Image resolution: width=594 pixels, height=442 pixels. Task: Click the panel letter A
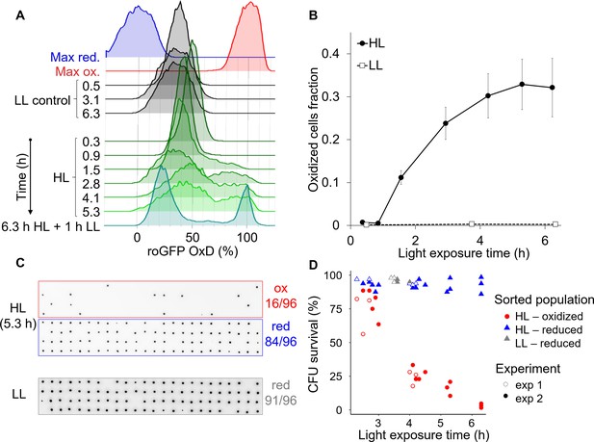pyautogui.click(x=20, y=15)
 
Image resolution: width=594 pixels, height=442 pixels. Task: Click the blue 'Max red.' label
pyautogui.click(x=75, y=57)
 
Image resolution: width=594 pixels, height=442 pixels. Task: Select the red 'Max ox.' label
pyautogui.click(x=78, y=71)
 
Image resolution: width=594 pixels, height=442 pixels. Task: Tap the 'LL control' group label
pyautogui.click(x=42, y=100)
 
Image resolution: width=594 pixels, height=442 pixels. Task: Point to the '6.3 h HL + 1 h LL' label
pyautogui.click(x=51, y=226)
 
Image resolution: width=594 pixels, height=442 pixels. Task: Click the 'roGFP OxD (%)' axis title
pyautogui.click(x=193, y=251)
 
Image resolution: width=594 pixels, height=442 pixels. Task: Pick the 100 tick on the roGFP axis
pyautogui.click(x=247, y=238)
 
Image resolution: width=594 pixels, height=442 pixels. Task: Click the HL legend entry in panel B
pyautogui.click(x=371, y=43)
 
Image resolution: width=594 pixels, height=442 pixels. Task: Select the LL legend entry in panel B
pyautogui.click(x=370, y=65)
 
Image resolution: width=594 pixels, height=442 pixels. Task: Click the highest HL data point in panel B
pyautogui.click(x=522, y=84)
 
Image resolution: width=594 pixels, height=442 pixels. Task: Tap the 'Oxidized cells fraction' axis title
pyautogui.click(x=314, y=130)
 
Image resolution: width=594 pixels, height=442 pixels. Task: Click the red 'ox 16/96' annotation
pyautogui.click(x=281, y=296)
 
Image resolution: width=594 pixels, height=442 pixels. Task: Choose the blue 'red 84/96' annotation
pyautogui.click(x=281, y=333)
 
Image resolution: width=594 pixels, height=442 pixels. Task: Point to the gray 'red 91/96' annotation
pyautogui.click(x=281, y=393)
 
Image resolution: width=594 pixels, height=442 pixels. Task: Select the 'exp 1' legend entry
pyautogui.click(x=523, y=385)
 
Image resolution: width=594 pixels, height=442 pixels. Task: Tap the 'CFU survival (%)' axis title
pyautogui.click(x=314, y=344)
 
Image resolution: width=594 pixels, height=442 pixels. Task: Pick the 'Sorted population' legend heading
pyautogui.click(x=544, y=299)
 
